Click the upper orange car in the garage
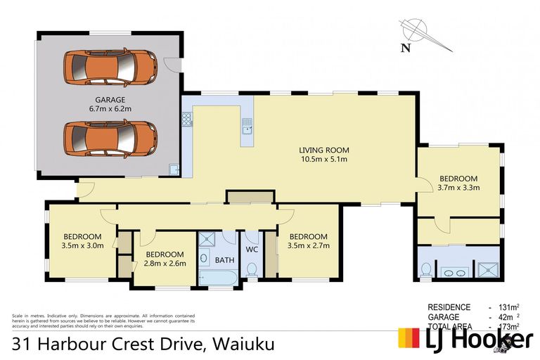pos(110,67)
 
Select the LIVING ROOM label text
pos(324,150)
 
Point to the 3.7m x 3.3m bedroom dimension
pos(458,188)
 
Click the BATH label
pos(225,259)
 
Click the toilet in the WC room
pos(252,269)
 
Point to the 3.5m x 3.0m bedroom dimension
pos(83,245)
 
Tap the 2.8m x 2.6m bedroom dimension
pos(165,264)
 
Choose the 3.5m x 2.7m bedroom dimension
pos(308,245)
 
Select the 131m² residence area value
pos(508,307)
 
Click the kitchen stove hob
pos(187,120)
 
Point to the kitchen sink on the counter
pos(247,128)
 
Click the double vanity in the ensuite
pos(454,271)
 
